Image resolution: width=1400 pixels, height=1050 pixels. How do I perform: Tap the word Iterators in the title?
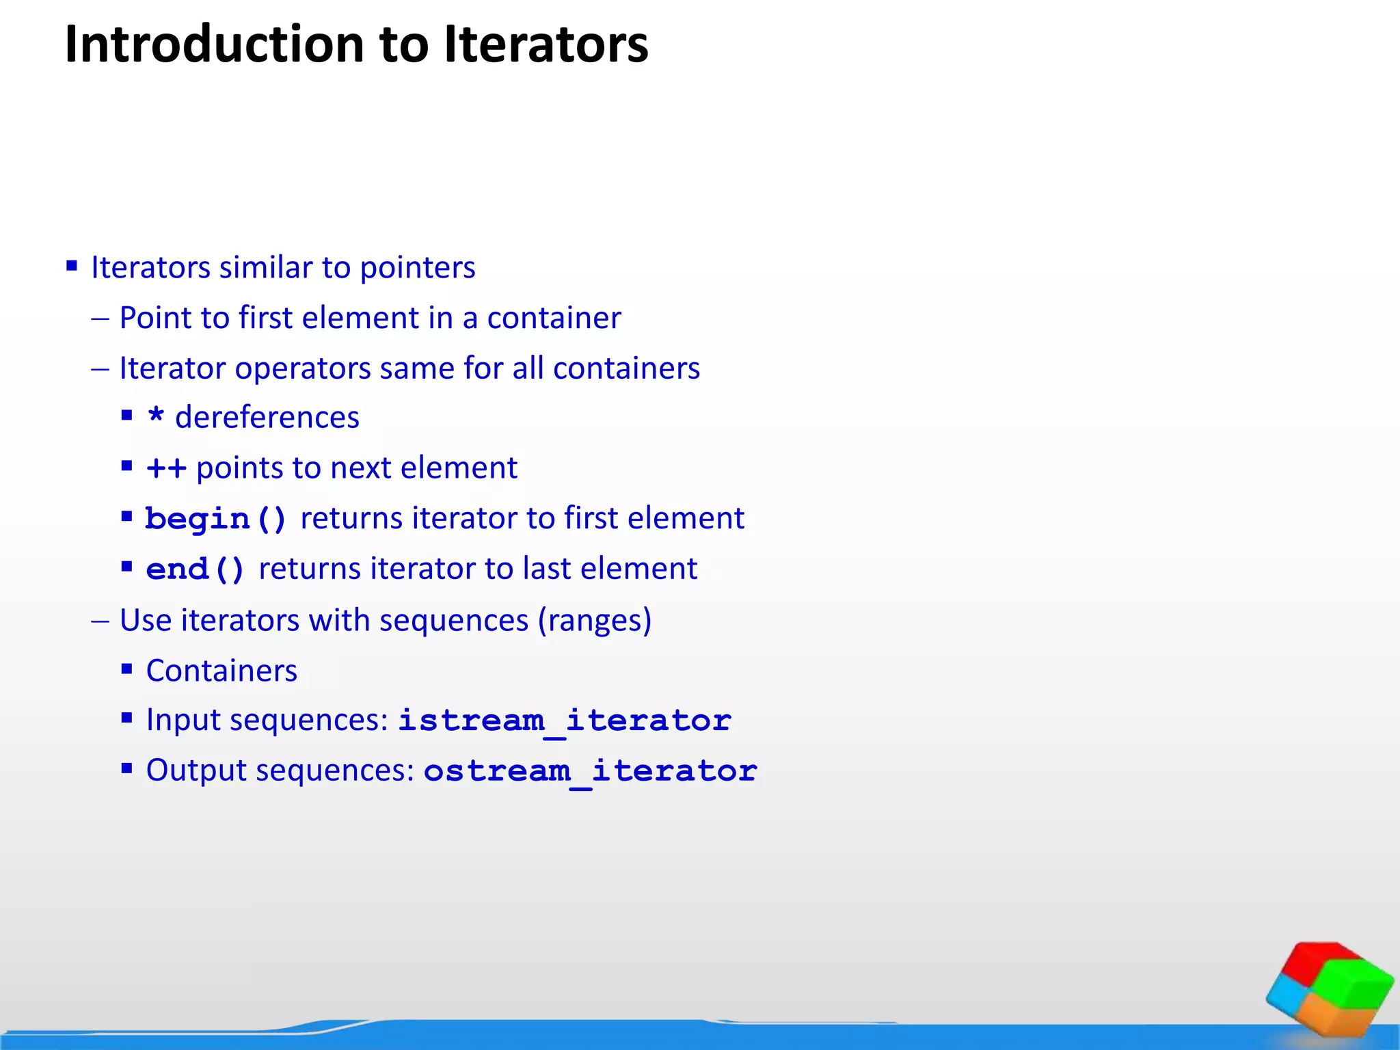(x=546, y=45)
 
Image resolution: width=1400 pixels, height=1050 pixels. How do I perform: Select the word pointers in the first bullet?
(x=417, y=267)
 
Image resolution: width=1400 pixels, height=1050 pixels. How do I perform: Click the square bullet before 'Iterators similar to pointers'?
(x=72, y=266)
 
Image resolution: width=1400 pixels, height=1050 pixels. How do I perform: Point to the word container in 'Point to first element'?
(x=554, y=318)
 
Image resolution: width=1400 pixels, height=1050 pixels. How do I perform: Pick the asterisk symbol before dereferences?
(x=157, y=416)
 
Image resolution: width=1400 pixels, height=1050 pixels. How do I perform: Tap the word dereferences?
(x=267, y=418)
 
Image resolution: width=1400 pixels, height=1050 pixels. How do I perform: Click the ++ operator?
(x=166, y=468)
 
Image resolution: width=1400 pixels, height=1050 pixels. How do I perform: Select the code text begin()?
(x=215, y=519)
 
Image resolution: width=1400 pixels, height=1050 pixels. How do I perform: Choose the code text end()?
(x=195, y=569)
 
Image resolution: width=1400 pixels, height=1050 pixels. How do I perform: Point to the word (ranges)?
(x=594, y=621)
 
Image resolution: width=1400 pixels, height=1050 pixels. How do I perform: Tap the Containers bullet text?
(x=221, y=671)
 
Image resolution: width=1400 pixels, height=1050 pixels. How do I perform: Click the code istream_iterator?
(x=565, y=721)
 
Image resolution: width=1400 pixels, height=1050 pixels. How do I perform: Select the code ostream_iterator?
(x=590, y=771)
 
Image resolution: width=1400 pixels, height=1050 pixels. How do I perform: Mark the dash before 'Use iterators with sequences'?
(x=100, y=621)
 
